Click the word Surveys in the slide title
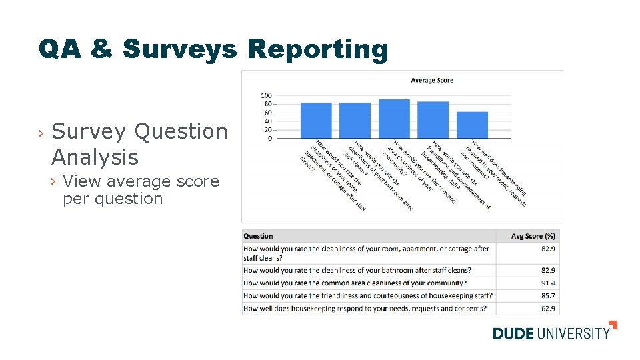[179, 49]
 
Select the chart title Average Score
[431, 81]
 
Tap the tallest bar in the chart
[394, 119]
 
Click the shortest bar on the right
[472, 125]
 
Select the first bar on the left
[316, 121]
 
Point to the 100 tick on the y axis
[266, 96]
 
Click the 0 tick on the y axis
[269, 138]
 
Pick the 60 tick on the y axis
[267, 113]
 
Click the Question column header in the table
[259, 236]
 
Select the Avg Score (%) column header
[533, 236]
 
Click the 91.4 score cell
[549, 283]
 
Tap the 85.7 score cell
[549, 296]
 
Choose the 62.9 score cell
[549, 309]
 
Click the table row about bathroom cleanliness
[357, 271]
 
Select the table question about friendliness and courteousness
[368, 296]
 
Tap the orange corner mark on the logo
[613, 325]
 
